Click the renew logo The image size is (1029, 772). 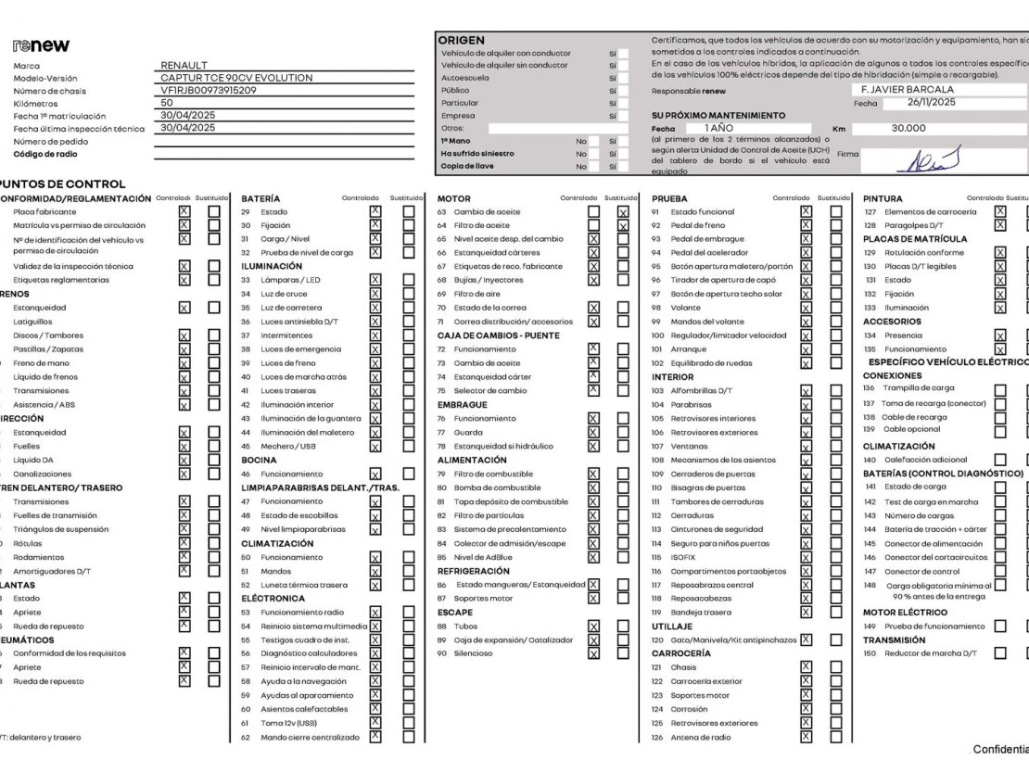[x=41, y=46]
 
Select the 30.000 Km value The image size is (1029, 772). [x=908, y=129]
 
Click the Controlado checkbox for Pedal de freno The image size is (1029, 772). [x=806, y=225]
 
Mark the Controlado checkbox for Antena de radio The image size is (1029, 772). [x=806, y=738]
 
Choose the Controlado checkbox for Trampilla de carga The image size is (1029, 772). [x=1000, y=389]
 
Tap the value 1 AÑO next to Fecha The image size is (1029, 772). [x=718, y=128]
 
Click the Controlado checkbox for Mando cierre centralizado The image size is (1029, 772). [x=375, y=738]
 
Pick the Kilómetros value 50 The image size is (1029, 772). [x=167, y=104]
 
